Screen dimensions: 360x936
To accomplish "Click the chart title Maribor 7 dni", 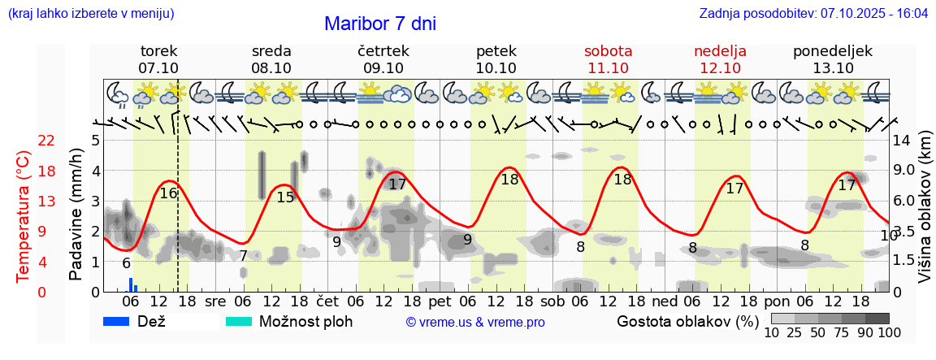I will (x=379, y=24).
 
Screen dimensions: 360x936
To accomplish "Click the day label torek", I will (x=158, y=51).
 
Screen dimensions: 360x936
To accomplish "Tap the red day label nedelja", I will (x=720, y=51).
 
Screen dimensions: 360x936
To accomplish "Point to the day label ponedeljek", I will (x=833, y=51).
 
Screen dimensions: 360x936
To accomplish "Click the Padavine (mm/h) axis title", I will (x=76, y=215).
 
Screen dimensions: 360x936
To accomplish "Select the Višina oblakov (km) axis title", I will (x=925, y=215).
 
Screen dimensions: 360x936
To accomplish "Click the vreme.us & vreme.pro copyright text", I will (x=475, y=322).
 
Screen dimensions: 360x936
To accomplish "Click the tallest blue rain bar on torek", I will (x=130, y=284).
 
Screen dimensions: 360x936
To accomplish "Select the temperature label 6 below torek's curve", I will (x=126, y=263).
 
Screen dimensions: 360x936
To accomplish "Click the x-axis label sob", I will (x=552, y=301).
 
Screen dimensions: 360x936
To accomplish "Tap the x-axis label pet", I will (x=440, y=301).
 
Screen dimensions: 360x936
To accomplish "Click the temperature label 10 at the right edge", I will (x=888, y=236).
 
